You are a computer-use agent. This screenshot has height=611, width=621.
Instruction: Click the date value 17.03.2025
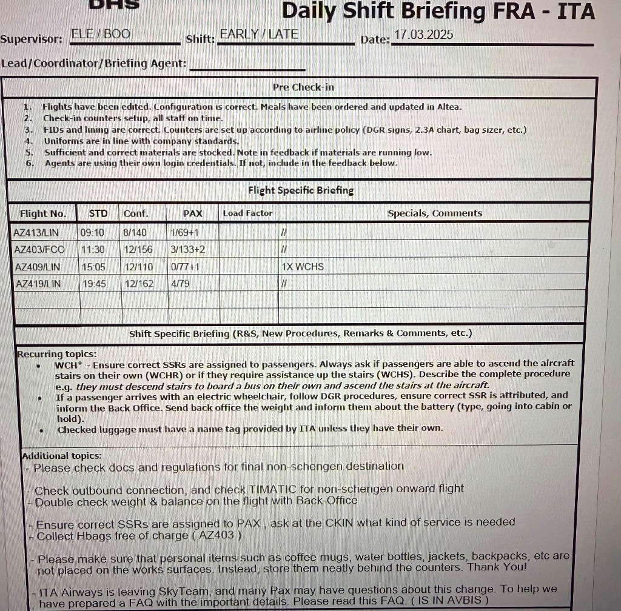pos(423,35)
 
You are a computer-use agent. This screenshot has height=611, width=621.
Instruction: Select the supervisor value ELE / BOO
pos(101,34)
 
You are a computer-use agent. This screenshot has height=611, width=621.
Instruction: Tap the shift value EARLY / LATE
pos(259,34)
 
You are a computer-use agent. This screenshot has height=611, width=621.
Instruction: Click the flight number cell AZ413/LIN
pos(38,233)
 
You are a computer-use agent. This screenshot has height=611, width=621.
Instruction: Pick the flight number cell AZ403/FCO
pos(39,250)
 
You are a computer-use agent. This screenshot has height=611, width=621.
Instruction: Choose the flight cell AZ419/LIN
pos(38,284)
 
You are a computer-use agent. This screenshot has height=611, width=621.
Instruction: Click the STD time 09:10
pos(92,233)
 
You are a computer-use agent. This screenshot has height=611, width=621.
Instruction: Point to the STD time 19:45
pos(93,284)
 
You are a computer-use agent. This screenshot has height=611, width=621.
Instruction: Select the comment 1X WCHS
pos(303,267)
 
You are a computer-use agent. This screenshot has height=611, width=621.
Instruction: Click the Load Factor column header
pos(247,213)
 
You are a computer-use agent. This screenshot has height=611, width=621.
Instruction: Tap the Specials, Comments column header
pos(434,213)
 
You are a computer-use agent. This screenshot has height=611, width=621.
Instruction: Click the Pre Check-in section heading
pos(303,87)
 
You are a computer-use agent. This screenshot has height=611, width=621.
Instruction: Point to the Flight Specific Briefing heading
pos(301,190)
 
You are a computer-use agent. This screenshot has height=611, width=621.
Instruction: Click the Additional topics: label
pos(62,456)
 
